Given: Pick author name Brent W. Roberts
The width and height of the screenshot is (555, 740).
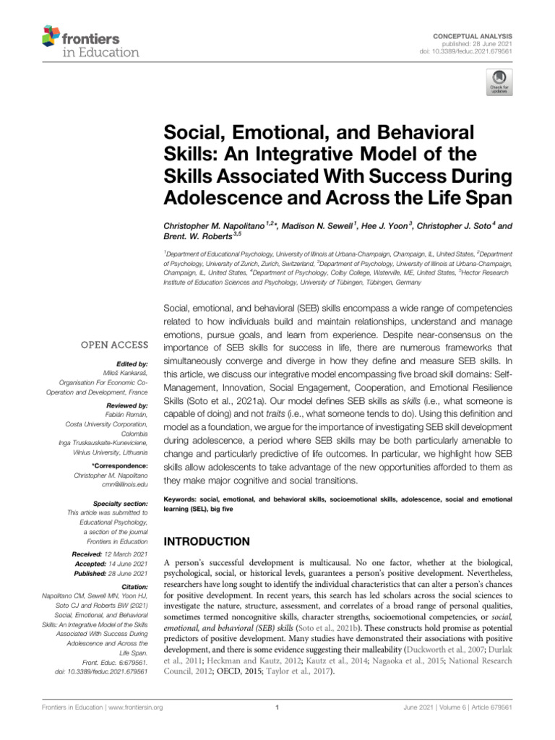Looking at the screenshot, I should tap(198, 236).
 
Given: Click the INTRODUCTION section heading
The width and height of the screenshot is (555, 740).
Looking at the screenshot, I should tap(207, 541).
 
